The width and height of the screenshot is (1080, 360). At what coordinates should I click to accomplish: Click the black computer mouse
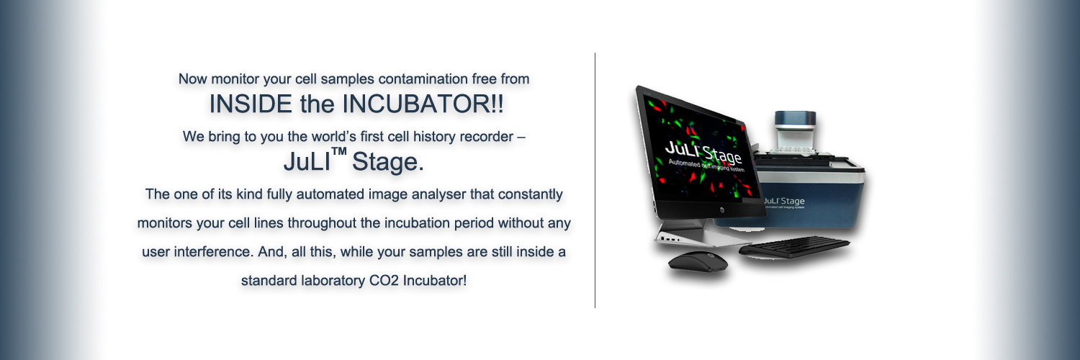698,262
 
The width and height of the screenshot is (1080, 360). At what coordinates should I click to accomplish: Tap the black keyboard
794,247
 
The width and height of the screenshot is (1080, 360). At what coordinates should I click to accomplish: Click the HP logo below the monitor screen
721,210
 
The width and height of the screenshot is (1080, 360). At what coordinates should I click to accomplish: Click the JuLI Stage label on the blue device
784,201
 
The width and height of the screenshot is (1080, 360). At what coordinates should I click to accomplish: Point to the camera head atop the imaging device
795,128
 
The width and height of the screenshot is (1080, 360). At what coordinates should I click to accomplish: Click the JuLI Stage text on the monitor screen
703,153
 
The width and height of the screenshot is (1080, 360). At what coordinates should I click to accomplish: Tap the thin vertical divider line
595,180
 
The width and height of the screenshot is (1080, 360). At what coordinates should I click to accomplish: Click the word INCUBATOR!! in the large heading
423,104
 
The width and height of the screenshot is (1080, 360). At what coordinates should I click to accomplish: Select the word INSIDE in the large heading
251,104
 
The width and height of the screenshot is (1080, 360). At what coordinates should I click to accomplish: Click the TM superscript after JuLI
339,152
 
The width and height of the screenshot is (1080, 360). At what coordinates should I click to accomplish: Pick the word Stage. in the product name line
387,162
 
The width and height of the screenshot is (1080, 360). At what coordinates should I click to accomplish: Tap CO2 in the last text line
384,281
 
